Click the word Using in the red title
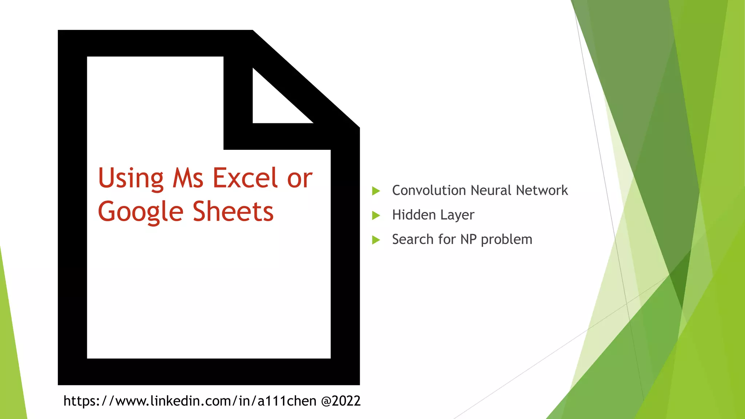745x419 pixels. [x=131, y=178]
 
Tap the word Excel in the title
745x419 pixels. [x=245, y=178]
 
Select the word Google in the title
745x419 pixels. [x=140, y=212]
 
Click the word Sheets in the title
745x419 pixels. [x=233, y=212]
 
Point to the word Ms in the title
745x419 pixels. [x=188, y=178]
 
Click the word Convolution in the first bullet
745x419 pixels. [x=429, y=190]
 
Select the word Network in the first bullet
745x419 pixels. [x=542, y=190]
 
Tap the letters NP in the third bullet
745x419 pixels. [x=468, y=239]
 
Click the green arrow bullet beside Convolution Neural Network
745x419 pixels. [x=376, y=191]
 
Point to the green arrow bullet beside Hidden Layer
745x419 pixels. [x=376, y=215]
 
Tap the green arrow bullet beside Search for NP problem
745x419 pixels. [x=376, y=240]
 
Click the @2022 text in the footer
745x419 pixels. [x=341, y=401]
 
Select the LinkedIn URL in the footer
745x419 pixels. [x=190, y=401]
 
